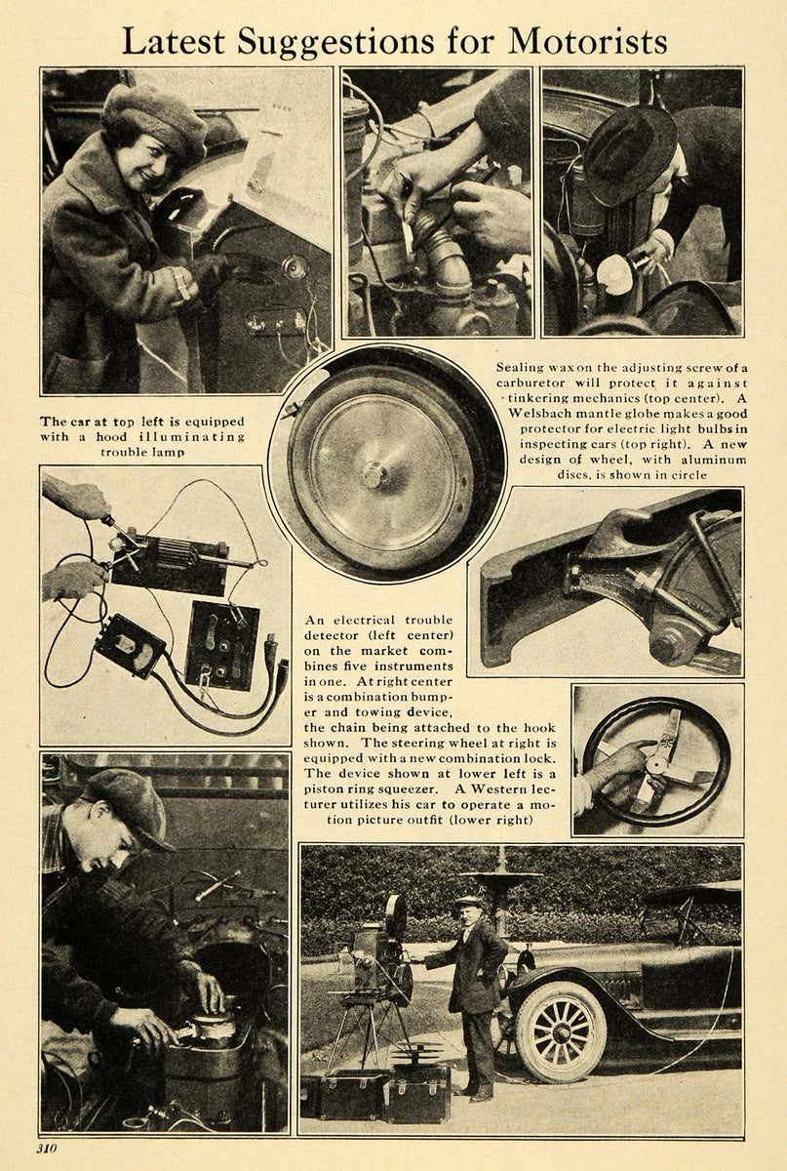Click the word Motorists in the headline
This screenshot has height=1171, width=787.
[x=588, y=41]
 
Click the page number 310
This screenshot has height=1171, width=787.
[x=47, y=1149]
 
